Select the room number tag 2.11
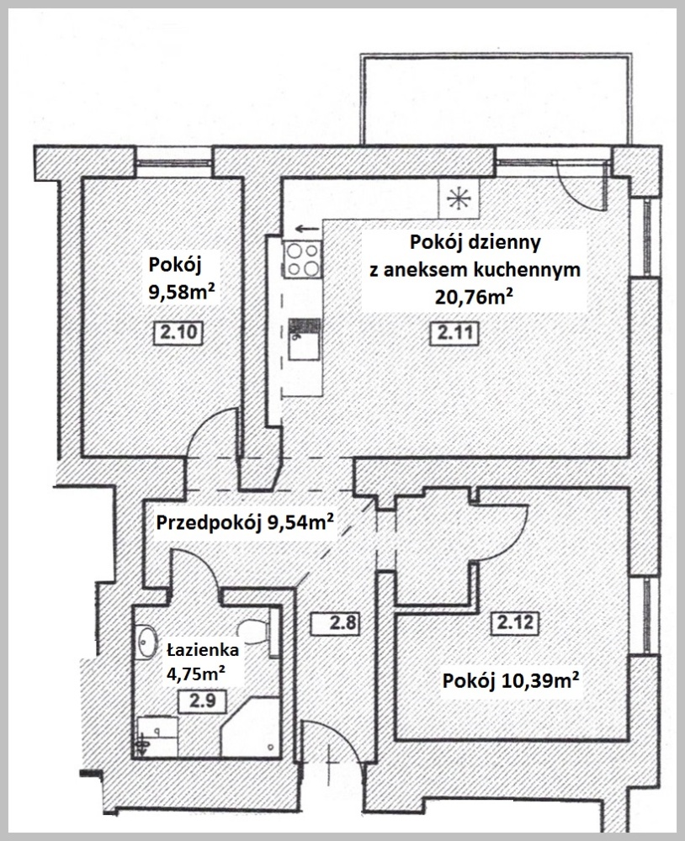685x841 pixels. pos(454,333)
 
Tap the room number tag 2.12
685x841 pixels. pos(515,622)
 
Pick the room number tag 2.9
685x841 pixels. pos(202,701)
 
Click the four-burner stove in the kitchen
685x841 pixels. pos(303,259)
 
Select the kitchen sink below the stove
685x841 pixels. pos(305,340)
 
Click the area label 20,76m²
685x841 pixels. pos(472,296)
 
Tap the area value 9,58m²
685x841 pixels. pos(183,293)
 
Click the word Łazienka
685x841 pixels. pos(202,649)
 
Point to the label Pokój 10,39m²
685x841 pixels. pos(511,680)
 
